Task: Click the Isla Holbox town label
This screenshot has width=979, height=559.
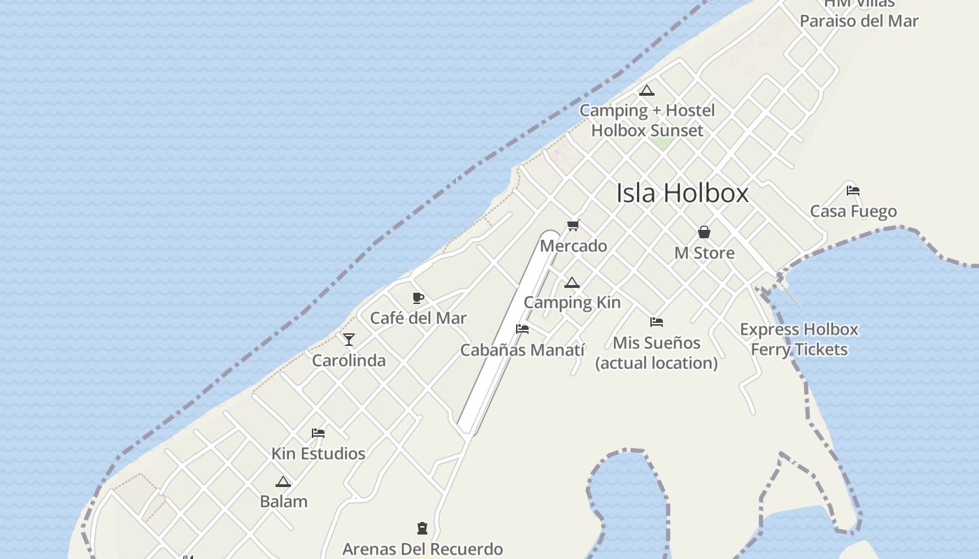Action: (x=682, y=193)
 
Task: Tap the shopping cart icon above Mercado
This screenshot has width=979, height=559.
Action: (x=573, y=225)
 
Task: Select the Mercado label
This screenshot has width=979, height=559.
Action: (x=573, y=246)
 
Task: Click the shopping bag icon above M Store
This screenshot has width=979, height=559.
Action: (x=704, y=232)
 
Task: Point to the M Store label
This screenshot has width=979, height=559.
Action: (x=704, y=253)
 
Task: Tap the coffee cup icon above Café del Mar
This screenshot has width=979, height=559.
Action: (x=418, y=298)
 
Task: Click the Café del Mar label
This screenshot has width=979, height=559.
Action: (x=418, y=318)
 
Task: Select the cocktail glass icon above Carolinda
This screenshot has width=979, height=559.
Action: (x=349, y=340)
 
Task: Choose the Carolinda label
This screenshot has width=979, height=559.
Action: (x=349, y=361)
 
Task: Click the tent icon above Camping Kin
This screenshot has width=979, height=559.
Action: (x=572, y=283)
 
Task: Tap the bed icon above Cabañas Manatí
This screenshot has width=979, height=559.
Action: (x=522, y=329)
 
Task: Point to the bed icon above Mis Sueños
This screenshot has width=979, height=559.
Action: (x=656, y=322)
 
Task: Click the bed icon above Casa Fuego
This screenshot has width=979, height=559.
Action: (x=852, y=190)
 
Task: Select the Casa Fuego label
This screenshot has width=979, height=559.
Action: (x=853, y=211)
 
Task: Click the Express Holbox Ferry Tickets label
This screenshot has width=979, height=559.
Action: (x=799, y=339)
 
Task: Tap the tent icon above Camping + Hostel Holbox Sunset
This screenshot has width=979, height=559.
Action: (x=647, y=90)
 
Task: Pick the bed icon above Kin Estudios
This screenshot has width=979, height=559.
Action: (x=318, y=433)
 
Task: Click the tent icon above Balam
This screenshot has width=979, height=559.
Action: (x=283, y=481)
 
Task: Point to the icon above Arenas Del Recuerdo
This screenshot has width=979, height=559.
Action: (x=422, y=528)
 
